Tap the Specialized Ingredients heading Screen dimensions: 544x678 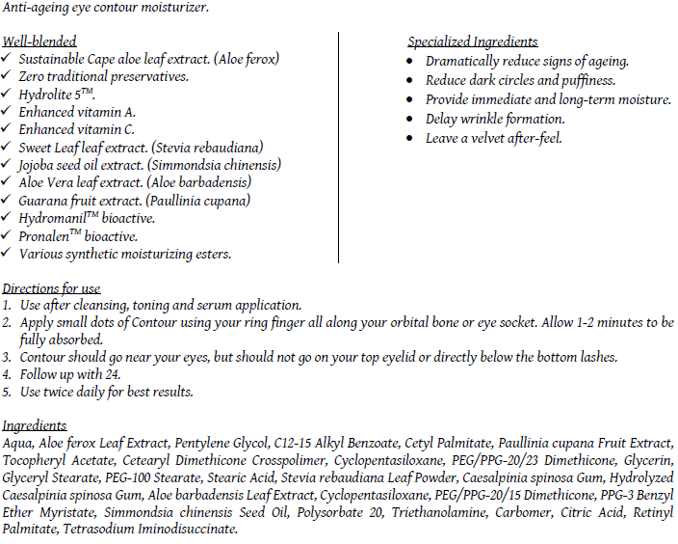[x=472, y=42]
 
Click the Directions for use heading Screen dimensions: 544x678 [x=51, y=288]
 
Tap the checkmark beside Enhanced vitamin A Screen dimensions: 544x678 [x=8, y=112]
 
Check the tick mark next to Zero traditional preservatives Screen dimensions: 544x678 [x=8, y=77]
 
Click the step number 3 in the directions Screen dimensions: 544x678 [x=7, y=358]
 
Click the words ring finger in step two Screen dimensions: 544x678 [x=266, y=322]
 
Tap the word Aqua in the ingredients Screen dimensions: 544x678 [x=18, y=443]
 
